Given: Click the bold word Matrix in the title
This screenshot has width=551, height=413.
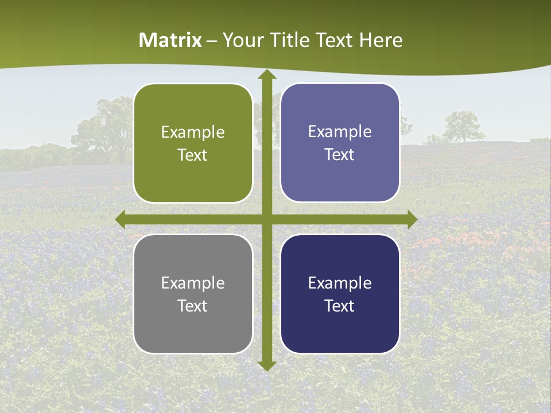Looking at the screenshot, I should tap(170, 40).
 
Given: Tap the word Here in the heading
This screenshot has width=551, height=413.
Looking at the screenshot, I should tap(381, 40).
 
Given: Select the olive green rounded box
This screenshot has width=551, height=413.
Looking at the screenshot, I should tap(193, 143).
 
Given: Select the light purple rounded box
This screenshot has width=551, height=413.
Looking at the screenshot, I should tap(340, 143).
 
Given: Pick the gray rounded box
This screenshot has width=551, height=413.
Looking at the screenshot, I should tap(193, 294).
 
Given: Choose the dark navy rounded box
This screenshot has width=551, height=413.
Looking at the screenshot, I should tap(340, 294).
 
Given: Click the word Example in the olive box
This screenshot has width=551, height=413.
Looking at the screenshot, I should tap(193, 133).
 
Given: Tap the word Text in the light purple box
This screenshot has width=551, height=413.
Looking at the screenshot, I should tap(340, 155).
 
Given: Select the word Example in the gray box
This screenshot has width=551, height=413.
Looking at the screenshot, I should tap(193, 283).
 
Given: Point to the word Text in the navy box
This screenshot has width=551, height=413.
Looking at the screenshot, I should tap(340, 306).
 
